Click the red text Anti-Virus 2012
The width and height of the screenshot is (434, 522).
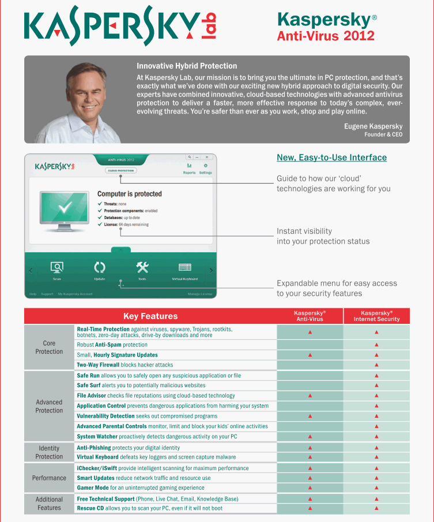pos(326,36)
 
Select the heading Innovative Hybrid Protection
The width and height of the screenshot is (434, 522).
pos(187,66)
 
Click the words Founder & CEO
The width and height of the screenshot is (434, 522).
pos(383,134)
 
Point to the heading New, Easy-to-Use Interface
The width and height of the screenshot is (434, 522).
pos(331,157)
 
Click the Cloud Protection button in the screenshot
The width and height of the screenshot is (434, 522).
pos(120,171)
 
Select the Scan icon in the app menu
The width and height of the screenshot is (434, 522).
pos(56,267)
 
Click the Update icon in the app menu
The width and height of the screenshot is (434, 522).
pos(100,267)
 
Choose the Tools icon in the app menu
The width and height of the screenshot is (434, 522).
pos(142,267)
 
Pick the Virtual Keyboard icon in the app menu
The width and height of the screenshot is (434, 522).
pos(184,267)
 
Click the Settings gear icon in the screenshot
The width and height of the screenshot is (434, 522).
pos(205,166)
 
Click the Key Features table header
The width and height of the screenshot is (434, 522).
pos(150,316)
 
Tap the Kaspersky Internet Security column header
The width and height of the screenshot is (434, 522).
pos(376,316)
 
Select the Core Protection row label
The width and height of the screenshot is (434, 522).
pos(49,347)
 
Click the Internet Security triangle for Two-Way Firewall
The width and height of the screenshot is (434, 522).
pos(376,365)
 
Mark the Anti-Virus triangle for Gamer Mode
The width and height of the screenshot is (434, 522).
pos(310,487)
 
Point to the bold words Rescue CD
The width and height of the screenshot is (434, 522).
pos(90,508)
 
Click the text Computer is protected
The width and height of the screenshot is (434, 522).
pos(129,194)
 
